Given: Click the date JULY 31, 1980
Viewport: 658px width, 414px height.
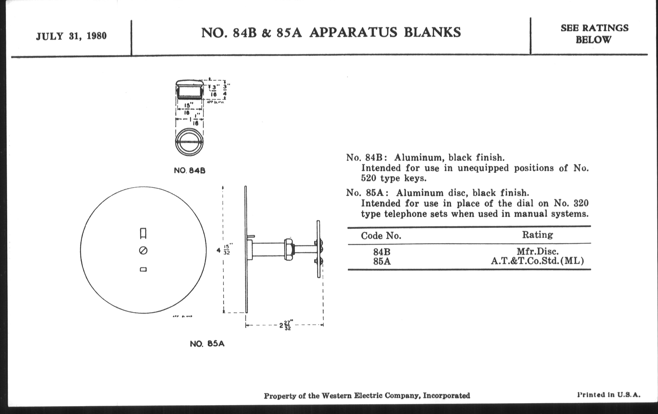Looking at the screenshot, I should point(71,36).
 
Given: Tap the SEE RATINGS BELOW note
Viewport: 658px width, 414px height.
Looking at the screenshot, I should point(595,34).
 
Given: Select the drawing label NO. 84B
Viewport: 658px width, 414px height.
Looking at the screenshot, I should point(190,171).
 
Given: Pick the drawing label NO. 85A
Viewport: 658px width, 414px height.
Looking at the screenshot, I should point(207,344).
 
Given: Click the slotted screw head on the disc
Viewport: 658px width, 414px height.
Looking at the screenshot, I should point(143,250).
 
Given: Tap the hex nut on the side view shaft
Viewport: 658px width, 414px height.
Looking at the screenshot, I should point(289,249).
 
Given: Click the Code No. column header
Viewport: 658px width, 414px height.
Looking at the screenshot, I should point(381,236).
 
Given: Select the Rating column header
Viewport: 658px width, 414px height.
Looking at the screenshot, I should point(537,235).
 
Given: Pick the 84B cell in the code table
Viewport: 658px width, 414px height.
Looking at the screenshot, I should point(382,252).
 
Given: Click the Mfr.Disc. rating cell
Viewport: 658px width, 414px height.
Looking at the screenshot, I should point(538,251).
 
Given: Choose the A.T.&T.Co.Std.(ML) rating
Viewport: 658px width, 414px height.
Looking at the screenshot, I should point(537,261).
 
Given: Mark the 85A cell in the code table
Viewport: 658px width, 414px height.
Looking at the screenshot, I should point(382,262).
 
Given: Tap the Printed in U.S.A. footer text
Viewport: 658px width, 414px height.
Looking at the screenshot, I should point(608,395).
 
